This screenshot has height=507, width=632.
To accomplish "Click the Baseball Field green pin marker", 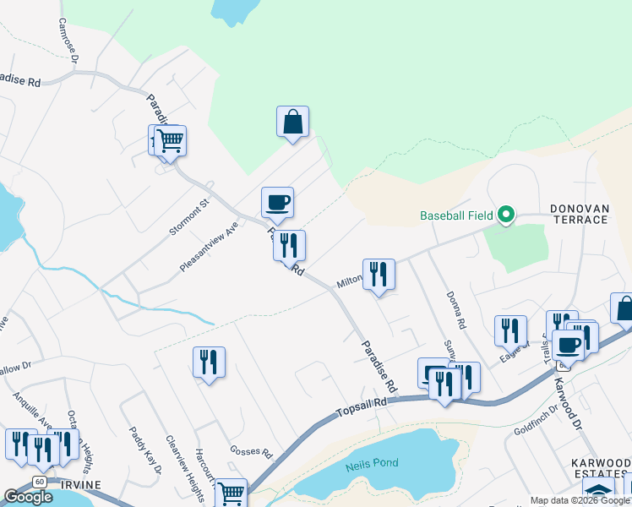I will click(505, 215).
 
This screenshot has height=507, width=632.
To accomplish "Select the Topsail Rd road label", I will click(361, 404).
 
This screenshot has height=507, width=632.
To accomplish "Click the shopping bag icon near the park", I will click(292, 122).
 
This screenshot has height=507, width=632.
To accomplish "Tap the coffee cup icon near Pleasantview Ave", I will click(277, 202).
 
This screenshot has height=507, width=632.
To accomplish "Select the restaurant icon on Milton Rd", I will click(379, 275).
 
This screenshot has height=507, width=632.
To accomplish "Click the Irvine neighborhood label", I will click(81, 485).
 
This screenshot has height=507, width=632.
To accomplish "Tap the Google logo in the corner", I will click(28, 497).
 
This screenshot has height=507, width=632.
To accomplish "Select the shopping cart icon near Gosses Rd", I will click(230, 493).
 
